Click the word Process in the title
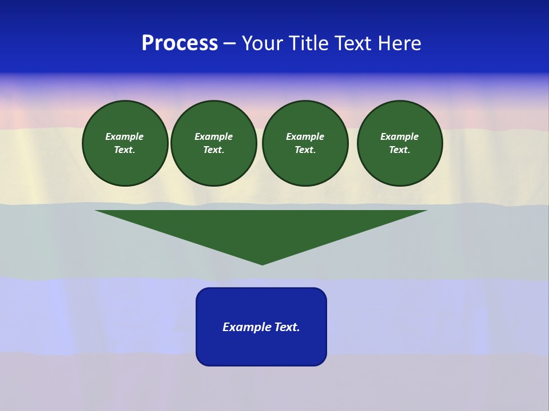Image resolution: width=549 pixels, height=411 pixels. pyautogui.click(x=180, y=43)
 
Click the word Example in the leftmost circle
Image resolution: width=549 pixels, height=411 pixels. pyautogui.click(x=125, y=136)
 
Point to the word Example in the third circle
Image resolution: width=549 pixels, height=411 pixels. pyautogui.click(x=305, y=136)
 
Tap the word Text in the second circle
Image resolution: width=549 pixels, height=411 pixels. pyautogui.click(x=213, y=150)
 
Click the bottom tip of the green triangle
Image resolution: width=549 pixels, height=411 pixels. pyautogui.click(x=262, y=263)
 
